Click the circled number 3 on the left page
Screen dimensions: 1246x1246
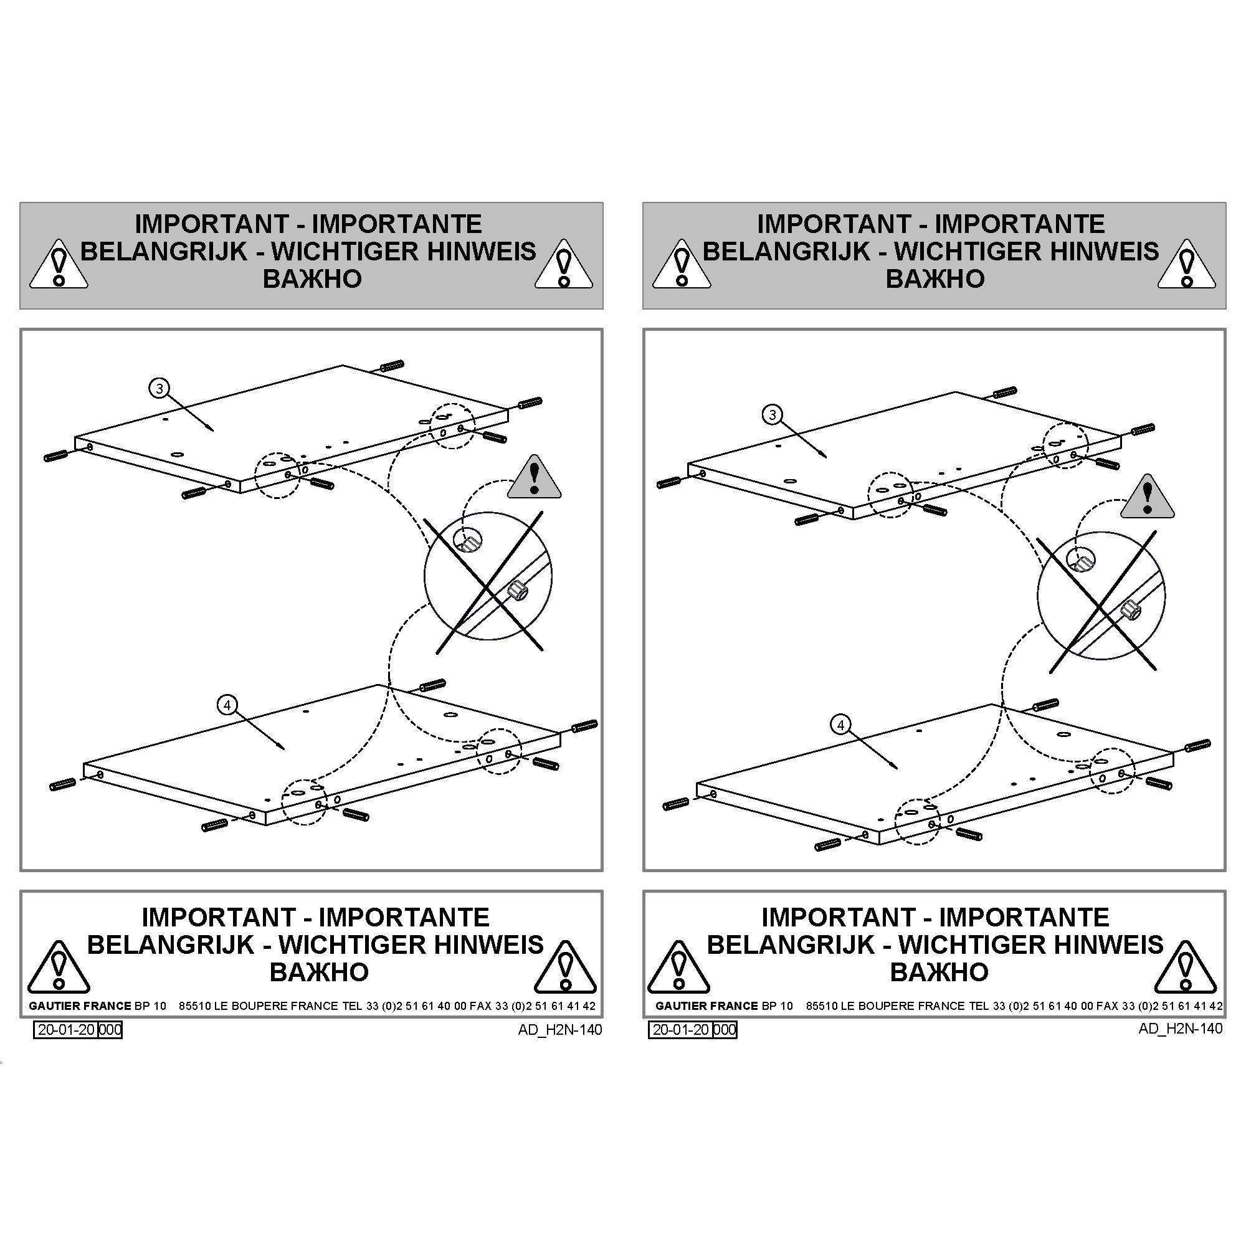point(159,388)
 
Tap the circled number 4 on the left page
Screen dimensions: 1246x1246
point(227,706)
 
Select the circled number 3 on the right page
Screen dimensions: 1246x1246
point(773,415)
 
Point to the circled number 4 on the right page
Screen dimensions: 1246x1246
point(840,726)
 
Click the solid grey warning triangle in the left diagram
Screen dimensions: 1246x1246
point(534,477)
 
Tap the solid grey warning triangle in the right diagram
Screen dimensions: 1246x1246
point(1148,497)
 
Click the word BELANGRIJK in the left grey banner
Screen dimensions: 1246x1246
point(164,251)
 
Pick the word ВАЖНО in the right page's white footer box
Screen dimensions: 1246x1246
point(939,971)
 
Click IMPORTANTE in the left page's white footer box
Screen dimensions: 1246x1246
point(404,916)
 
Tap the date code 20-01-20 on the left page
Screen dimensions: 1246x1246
point(67,1029)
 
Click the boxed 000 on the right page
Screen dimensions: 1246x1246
point(725,1029)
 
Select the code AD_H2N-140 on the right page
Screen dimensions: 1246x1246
point(1180,1029)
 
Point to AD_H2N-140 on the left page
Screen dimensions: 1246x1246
point(560,1030)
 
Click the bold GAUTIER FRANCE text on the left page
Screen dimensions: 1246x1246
point(80,1006)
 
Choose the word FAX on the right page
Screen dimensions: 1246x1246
point(1108,1006)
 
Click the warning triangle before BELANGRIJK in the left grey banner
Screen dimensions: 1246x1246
point(59,264)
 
